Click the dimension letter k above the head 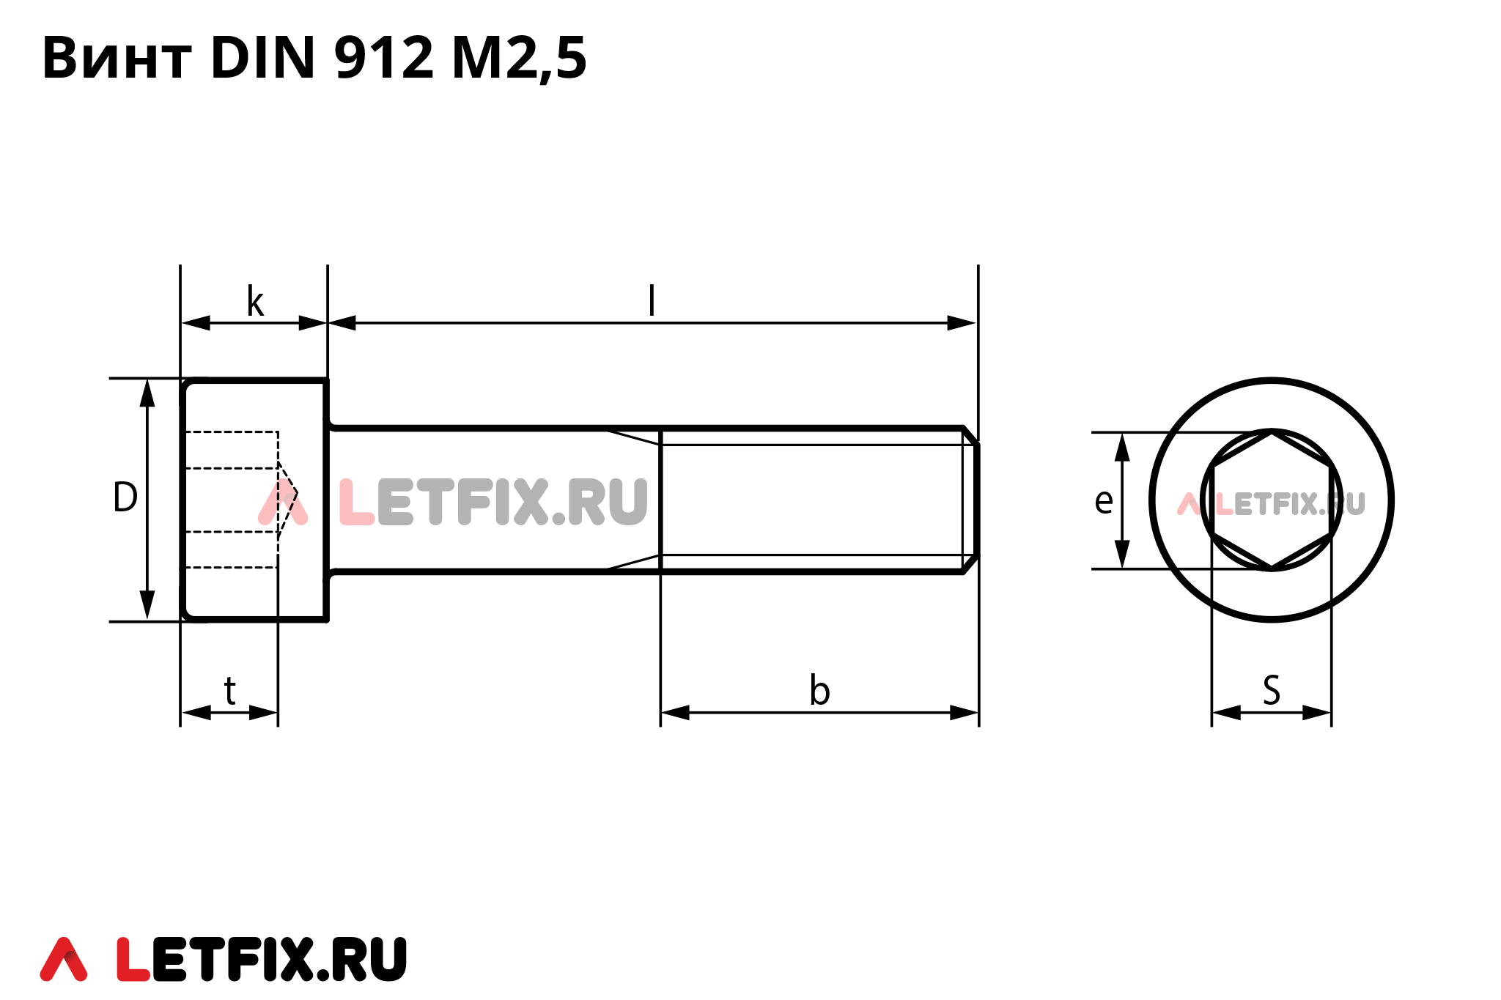coord(255,301)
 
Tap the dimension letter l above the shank coord(652,300)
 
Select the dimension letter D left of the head coord(125,497)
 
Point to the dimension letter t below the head coord(230,691)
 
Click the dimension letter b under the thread coord(819,690)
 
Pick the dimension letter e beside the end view coord(1104,502)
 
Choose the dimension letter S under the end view coord(1272,690)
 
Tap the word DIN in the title coord(262,58)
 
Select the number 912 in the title coord(384,58)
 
